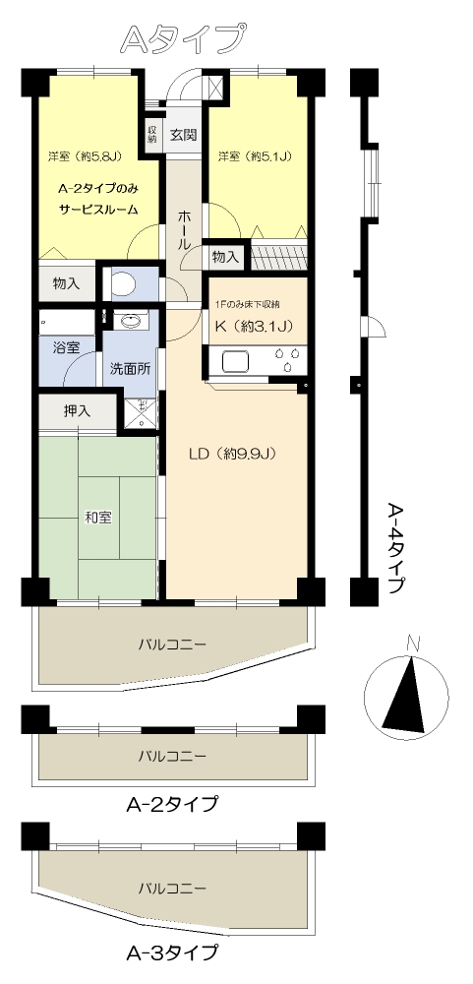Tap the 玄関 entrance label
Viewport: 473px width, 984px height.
pyautogui.click(x=184, y=134)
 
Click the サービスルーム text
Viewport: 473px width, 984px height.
pyautogui.click(x=98, y=210)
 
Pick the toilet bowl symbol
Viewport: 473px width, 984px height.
pyautogui.click(x=122, y=283)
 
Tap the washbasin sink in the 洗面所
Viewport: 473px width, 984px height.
pyautogui.click(x=131, y=322)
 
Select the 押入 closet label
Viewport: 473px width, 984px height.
pyautogui.click(x=77, y=411)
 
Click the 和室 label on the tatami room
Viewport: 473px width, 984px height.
pyautogui.click(x=98, y=518)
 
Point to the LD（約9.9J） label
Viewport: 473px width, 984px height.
pyautogui.click(x=233, y=453)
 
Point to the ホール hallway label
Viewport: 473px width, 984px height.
pyautogui.click(x=185, y=231)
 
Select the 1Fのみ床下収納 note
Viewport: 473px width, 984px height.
pyautogui.click(x=247, y=304)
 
